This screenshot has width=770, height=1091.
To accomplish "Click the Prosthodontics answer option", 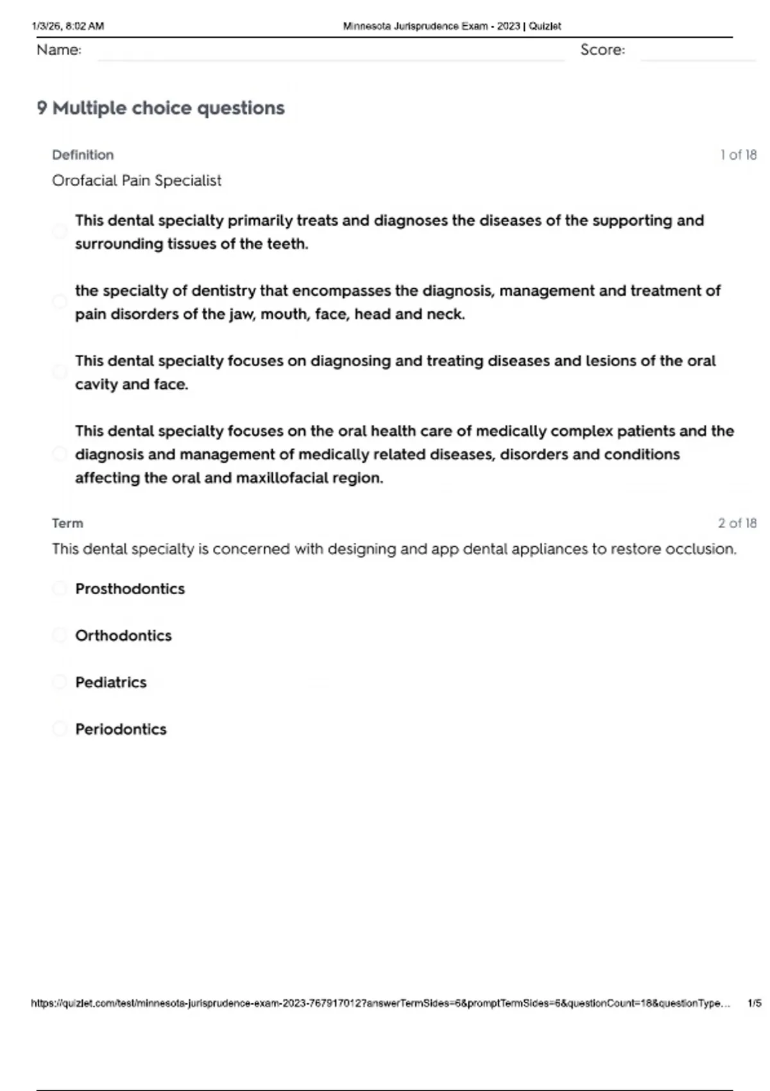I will pyautogui.click(x=130, y=588).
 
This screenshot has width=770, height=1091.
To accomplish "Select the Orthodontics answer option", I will pyautogui.click(x=123, y=635).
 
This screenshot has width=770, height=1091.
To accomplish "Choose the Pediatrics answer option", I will pyautogui.click(x=110, y=682).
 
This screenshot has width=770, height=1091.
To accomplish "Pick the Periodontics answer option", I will pyautogui.click(x=121, y=729).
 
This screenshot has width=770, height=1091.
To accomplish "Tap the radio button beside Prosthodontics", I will pyautogui.click(x=60, y=588).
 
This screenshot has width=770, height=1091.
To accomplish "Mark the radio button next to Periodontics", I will pyautogui.click(x=60, y=728).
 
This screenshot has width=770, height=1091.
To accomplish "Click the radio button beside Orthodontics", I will pyautogui.click(x=60, y=635).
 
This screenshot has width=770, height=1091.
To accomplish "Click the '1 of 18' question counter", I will pyautogui.click(x=738, y=155).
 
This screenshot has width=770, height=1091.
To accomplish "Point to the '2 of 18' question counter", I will pyautogui.click(x=737, y=523).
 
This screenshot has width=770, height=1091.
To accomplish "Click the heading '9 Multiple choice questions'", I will pyautogui.click(x=160, y=108).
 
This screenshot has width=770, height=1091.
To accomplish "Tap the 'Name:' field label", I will pyautogui.click(x=59, y=50).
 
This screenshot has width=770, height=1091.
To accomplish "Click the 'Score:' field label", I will pyautogui.click(x=603, y=50).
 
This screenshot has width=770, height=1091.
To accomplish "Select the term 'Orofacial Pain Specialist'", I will pyautogui.click(x=137, y=180).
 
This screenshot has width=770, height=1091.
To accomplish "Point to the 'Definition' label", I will pyautogui.click(x=83, y=155).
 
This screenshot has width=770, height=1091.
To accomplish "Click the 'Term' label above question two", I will pyautogui.click(x=67, y=523).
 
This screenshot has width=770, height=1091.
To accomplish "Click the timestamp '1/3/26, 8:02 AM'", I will pyautogui.click(x=67, y=26).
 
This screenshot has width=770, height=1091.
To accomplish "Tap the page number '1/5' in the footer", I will pyautogui.click(x=754, y=1003).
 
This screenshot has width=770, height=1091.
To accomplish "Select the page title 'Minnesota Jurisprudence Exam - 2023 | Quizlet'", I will pyautogui.click(x=452, y=26).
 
